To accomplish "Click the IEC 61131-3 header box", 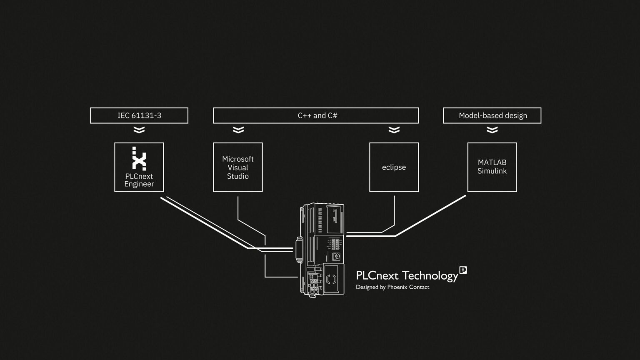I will pyautogui.click(x=139, y=115).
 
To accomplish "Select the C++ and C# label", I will pyautogui.click(x=317, y=115).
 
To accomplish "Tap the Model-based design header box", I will pyautogui.click(x=492, y=115).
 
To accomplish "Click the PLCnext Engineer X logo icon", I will pyautogui.click(x=139, y=158).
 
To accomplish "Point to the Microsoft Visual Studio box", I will pyautogui.click(x=237, y=167).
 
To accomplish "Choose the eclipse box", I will pyautogui.click(x=394, y=167).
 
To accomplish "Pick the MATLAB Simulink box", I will pyautogui.click(x=492, y=167).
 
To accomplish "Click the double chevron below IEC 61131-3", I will pyautogui.click(x=139, y=130).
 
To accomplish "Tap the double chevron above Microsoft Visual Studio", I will pyautogui.click(x=238, y=130).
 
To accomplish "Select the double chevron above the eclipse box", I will pyautogui.click(x=394, y=130).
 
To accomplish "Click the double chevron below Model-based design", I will pyautogui.click(x=492, y=130).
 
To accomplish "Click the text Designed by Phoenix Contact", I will pyautogui.click(x=392, y=287).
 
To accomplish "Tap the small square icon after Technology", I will pyautogui.click(x=463, y=270).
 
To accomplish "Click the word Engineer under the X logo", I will pyautogui.click(x=139, y=184).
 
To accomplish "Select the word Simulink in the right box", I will pyautogui.click(x=492, y=171).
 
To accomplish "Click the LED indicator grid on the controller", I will pyautogui.click(x=335, y=244).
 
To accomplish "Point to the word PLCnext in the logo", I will pyautogui.click(x=377, y=276).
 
